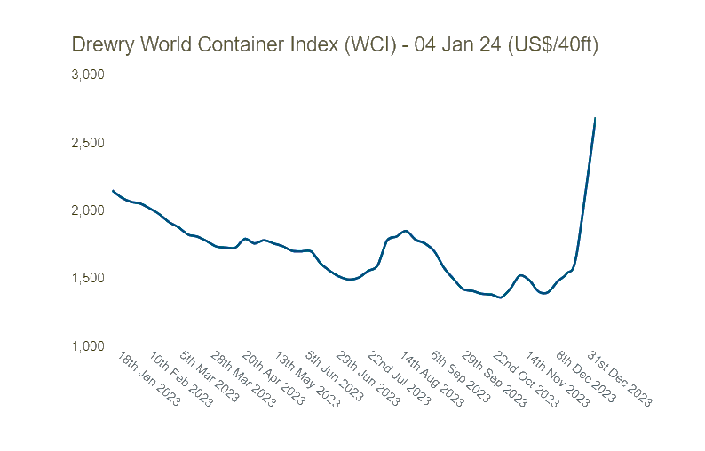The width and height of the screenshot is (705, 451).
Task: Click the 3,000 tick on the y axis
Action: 88,75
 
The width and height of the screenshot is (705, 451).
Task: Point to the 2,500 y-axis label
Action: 88,143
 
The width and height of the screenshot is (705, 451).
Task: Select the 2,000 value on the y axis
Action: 88,210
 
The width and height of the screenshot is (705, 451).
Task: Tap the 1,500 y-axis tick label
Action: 88,278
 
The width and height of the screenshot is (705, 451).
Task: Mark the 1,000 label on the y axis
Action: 88,345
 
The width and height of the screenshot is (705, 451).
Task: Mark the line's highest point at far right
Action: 595,118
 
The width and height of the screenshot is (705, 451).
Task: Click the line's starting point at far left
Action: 113,190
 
